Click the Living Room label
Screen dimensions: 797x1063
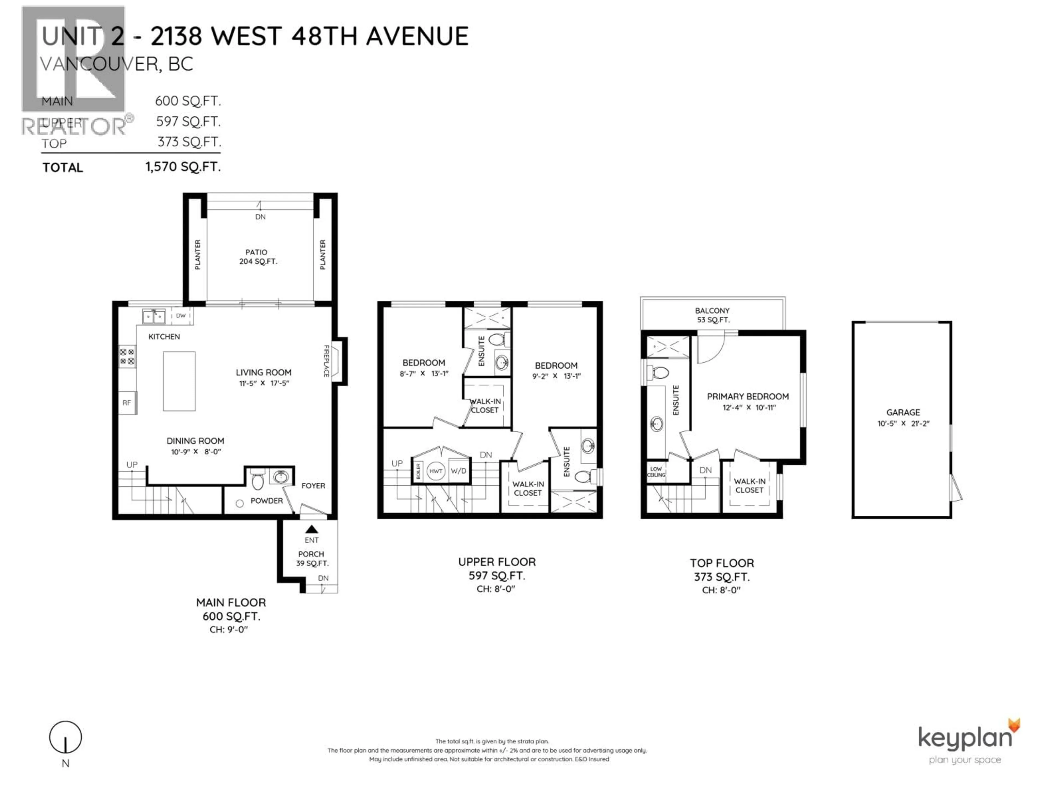point(263,372)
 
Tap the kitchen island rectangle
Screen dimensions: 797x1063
point(179,381)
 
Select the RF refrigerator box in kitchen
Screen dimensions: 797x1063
point(127,403)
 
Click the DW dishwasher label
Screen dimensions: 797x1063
point(181,316)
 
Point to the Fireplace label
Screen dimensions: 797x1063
point(326,360)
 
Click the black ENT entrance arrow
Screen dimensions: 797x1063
point(311,529)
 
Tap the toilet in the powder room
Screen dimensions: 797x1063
point(257,478)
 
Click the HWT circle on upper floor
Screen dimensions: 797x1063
point(435,471)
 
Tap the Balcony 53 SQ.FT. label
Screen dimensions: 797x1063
point(712,315)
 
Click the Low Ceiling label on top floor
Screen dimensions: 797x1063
point(656,472)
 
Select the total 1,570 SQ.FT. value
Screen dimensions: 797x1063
point(183,167)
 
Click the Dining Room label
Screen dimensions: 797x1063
point(195,441)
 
